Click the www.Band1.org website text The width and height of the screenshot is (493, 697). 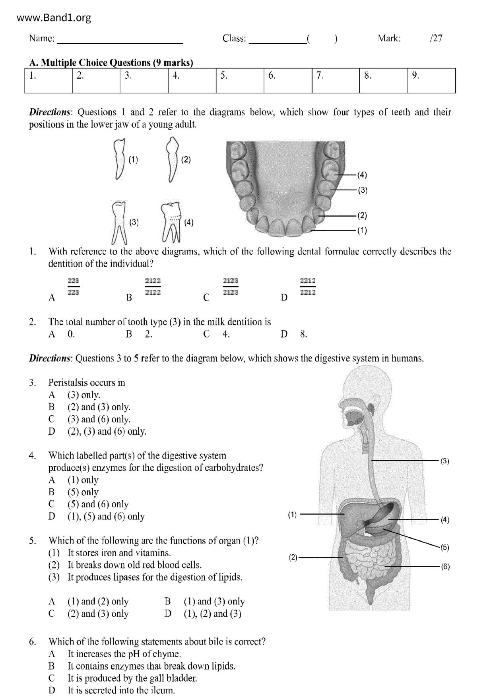pyautogui.click(x=54, y=18)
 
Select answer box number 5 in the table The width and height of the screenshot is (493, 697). pyautogui.click(x=240, y=81)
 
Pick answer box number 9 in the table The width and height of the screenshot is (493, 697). pyautogui.click(x=431, y=81)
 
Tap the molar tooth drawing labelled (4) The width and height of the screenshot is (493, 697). pyautogui.click(x=171, y=222)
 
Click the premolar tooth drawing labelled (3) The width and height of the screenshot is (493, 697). pyautogui.click(x=119, y=223)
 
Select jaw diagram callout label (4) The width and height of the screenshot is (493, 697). pyautogui.click(x=362, y=175)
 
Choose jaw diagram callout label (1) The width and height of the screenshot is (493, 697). pyautogui.click(x=362, y=230)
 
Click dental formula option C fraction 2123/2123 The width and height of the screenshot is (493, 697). pyautogui.click(x=231, y=287)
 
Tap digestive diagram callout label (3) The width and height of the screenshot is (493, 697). pyautogui.click(x=445, y=461)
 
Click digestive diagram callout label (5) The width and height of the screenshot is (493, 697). pyautogui.click(x=444, y=547)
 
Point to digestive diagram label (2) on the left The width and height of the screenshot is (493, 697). pyautogui.click(x=293, y=557)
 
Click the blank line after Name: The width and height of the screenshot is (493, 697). pyautogui.click(x=120, y=40)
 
